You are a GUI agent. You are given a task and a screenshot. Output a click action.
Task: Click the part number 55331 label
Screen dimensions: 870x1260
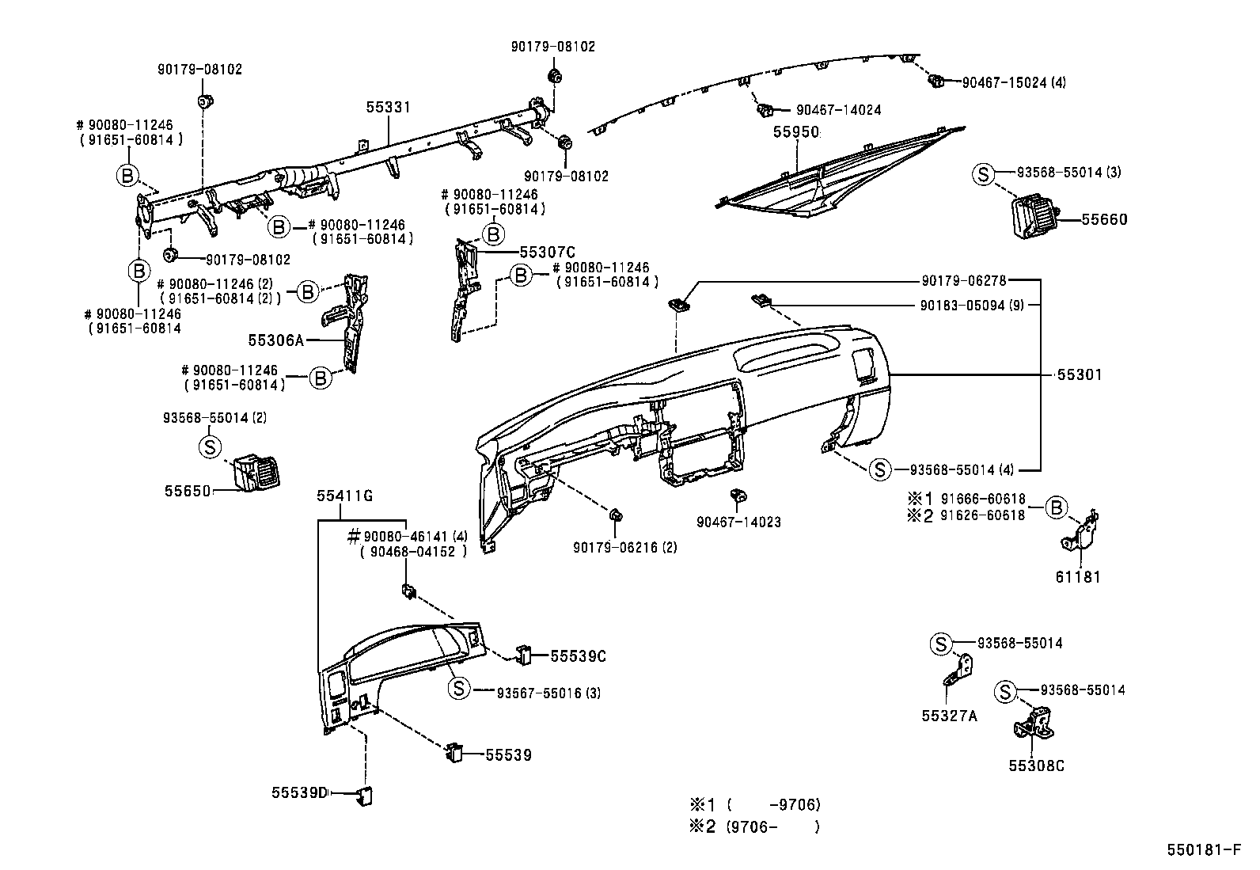(x=388, y=107)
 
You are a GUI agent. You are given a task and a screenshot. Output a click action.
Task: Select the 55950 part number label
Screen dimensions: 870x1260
(x=795, y=132)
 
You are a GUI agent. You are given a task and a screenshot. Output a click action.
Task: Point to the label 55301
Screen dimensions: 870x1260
(x=1080, y=374)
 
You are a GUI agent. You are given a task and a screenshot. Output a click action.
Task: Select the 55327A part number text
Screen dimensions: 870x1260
(x=949, y=716)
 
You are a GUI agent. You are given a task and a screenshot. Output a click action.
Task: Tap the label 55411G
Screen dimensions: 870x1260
(x=344, y=496)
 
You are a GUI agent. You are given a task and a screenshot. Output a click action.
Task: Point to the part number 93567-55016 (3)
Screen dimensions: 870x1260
(x=548, y=693)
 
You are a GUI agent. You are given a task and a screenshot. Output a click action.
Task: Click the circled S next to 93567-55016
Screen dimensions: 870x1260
(x=459, y=688)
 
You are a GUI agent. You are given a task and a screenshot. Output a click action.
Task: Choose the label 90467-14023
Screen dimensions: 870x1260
(x=738, y=522)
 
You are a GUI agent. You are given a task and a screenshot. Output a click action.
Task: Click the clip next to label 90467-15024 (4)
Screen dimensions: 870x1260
(x=936, y=81)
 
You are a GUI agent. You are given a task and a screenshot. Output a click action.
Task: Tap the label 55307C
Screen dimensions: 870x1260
(x=547, y=252)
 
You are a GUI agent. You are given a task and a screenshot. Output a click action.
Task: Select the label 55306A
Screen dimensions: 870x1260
(x=275, y=340)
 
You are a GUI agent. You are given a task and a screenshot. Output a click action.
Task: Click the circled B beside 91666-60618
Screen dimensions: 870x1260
(x=1056, y=507)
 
